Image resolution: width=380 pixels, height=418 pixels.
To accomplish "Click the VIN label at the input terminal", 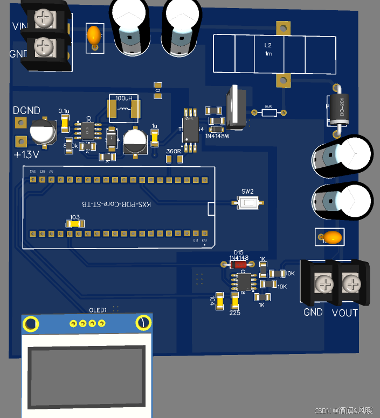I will click(x=20, y=26).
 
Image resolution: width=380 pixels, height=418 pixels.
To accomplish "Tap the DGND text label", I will click(x=26, y=110).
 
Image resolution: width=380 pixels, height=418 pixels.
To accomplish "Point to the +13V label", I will click(x=26, y=155).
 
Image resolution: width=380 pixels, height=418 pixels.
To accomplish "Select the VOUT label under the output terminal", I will click(x=344, y=313).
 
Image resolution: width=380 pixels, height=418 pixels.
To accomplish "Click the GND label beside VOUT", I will click(x=313, y=312).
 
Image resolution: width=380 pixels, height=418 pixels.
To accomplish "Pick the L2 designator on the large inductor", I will click(x=268, y=45).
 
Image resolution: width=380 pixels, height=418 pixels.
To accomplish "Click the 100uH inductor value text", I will click(x=124, y=98).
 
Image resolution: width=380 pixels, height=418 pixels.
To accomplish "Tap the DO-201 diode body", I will click(x=337, y=109).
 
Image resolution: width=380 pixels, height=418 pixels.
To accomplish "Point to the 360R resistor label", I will click(x=174, y=151).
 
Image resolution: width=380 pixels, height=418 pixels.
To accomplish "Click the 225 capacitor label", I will click(x=234, y=313).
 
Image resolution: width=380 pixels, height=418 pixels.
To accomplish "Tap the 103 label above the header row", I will click(x=74, y=217).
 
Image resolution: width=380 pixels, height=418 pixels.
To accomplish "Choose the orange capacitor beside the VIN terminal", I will click(x=94, y=36).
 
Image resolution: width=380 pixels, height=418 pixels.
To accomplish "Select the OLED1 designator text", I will click(x=98, y=310).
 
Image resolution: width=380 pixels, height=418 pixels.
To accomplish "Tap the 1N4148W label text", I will click(x=217, y=136).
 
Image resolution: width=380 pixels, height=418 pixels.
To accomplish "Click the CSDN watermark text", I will click(x=343, y=410).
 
